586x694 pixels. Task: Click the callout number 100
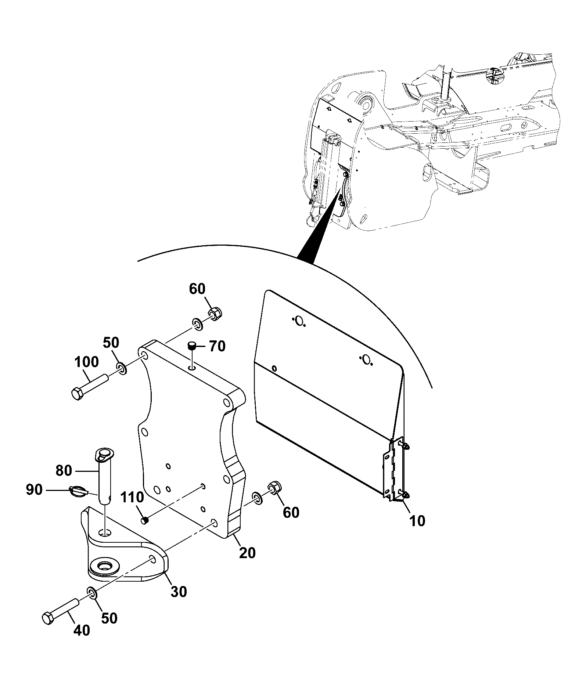click(x=87, y=362)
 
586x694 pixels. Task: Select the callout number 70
click(x=217, y=346)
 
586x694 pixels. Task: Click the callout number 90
click(x=34, y=490)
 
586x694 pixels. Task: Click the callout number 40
click(x=82, y=630)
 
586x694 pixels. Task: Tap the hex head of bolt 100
click(x=77, y=394)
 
